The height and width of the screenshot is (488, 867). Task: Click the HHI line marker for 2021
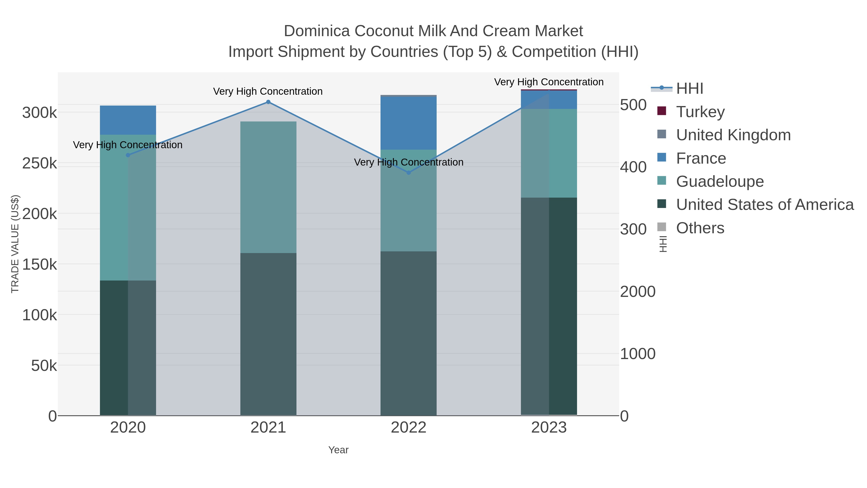click(x=268, y=102)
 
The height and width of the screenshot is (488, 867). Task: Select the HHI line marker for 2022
click(x=409, y=173)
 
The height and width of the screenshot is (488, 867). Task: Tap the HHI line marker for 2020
click(x=128, y=155)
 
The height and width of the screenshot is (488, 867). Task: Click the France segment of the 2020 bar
click(x=128, y=120)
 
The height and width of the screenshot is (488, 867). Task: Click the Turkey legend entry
click(x=700, y=112)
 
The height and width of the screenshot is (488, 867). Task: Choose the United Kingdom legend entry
click(x=733, y=135)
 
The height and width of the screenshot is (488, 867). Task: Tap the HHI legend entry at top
click(x=689, y=88)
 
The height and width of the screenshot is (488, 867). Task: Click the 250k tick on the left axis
click(x=39, y=164)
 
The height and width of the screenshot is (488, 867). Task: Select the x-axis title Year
click(x=338, y=450)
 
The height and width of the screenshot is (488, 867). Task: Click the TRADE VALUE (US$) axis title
click(x=15, y=244)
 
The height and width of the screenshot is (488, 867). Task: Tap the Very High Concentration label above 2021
click(x=268, y=91)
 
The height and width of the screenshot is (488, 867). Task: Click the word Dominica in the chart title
click(x=317, y=31)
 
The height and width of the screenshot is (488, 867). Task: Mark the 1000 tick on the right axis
click(x=637, y=354)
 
